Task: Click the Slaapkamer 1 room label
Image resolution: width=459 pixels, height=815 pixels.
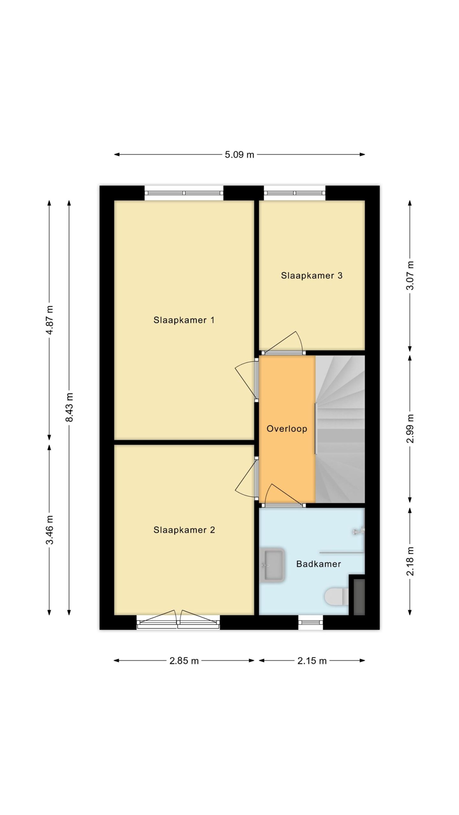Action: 184,320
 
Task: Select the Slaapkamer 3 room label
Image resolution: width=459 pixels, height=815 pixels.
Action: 311,275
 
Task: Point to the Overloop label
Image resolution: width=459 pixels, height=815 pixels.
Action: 287,429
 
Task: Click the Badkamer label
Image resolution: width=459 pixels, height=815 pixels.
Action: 318,564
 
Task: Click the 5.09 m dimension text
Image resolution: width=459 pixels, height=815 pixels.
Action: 239,155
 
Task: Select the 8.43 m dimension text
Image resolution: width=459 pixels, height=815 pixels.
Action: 69,407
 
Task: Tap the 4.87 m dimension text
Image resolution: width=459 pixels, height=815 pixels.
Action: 49,320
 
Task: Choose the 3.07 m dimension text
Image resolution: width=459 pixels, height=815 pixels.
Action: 410,275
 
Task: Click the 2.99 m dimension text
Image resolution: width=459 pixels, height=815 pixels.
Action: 410,429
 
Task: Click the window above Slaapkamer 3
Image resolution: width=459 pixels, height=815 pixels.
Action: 295,193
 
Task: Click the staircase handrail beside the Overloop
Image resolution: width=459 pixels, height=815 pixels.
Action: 316,429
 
